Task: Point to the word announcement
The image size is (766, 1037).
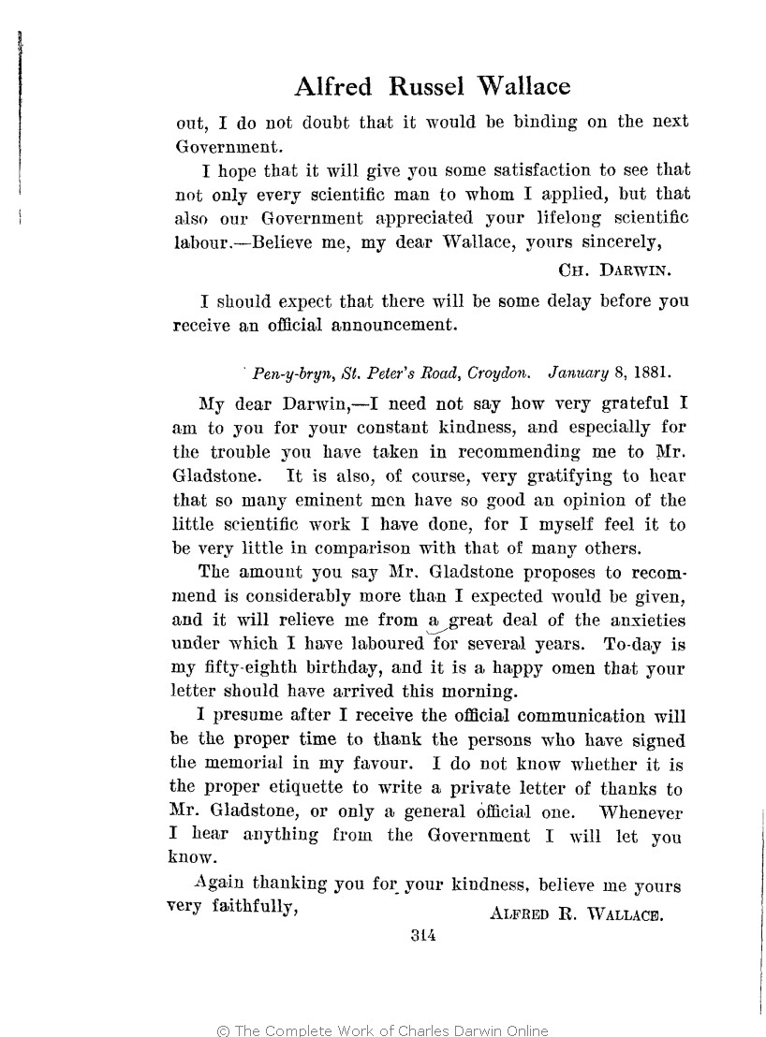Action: (387, 326)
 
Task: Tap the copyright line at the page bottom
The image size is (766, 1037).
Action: (382, 1030)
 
